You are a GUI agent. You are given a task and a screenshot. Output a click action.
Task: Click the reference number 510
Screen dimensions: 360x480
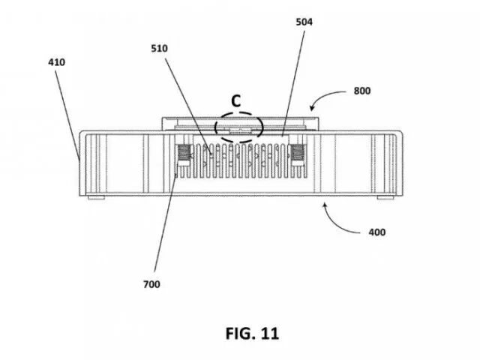(x=158, y=49)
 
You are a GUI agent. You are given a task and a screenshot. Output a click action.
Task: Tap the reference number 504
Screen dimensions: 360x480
(x=304, y=22)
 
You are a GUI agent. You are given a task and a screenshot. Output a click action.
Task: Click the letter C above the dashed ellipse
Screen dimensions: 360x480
(x=235, y=99)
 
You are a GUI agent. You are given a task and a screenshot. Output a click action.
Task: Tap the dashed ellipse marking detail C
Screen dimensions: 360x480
(x=236, y=128)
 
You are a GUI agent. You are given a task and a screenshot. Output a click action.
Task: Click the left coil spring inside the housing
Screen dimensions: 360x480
(x=183, y=154)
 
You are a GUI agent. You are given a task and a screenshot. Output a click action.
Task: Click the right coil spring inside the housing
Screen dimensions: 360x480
(x=296, y=154)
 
